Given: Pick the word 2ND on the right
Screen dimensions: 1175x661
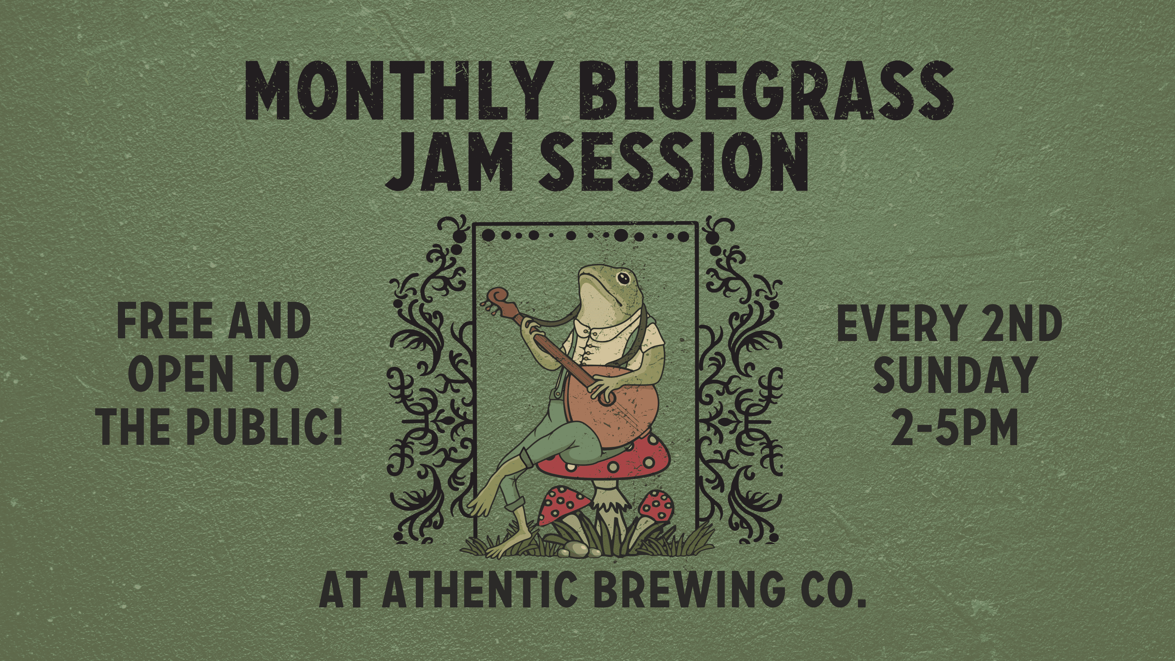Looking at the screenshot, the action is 1022,323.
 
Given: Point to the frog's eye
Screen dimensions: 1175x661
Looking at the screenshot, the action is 623,278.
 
